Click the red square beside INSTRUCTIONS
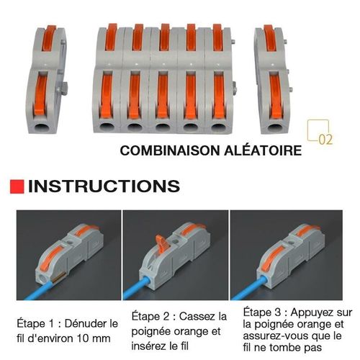(x=17, y=186)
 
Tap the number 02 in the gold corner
(x=325, y=140)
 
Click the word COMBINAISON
(x=170, y=150)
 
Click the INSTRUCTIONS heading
(x=104, y=186)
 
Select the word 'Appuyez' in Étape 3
(x=310, y=312)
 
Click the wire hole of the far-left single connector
(x=41, y=127)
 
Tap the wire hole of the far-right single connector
(x=275, y=127)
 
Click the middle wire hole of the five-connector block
(x=163, y=127)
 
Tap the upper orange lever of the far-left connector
(x=50, y=38)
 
